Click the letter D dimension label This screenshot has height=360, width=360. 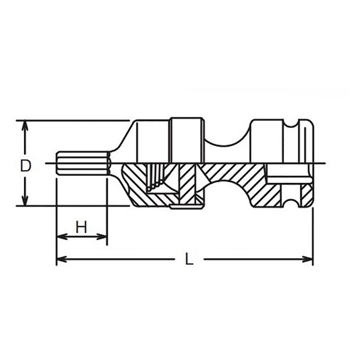click(x=26, y=166)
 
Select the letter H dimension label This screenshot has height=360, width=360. click(x=81, y=228)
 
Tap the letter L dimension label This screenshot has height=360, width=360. click(x=189, y=259)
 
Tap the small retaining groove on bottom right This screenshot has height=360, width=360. click(x=291, y=202)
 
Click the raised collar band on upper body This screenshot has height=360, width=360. click(x=187, y=139)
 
